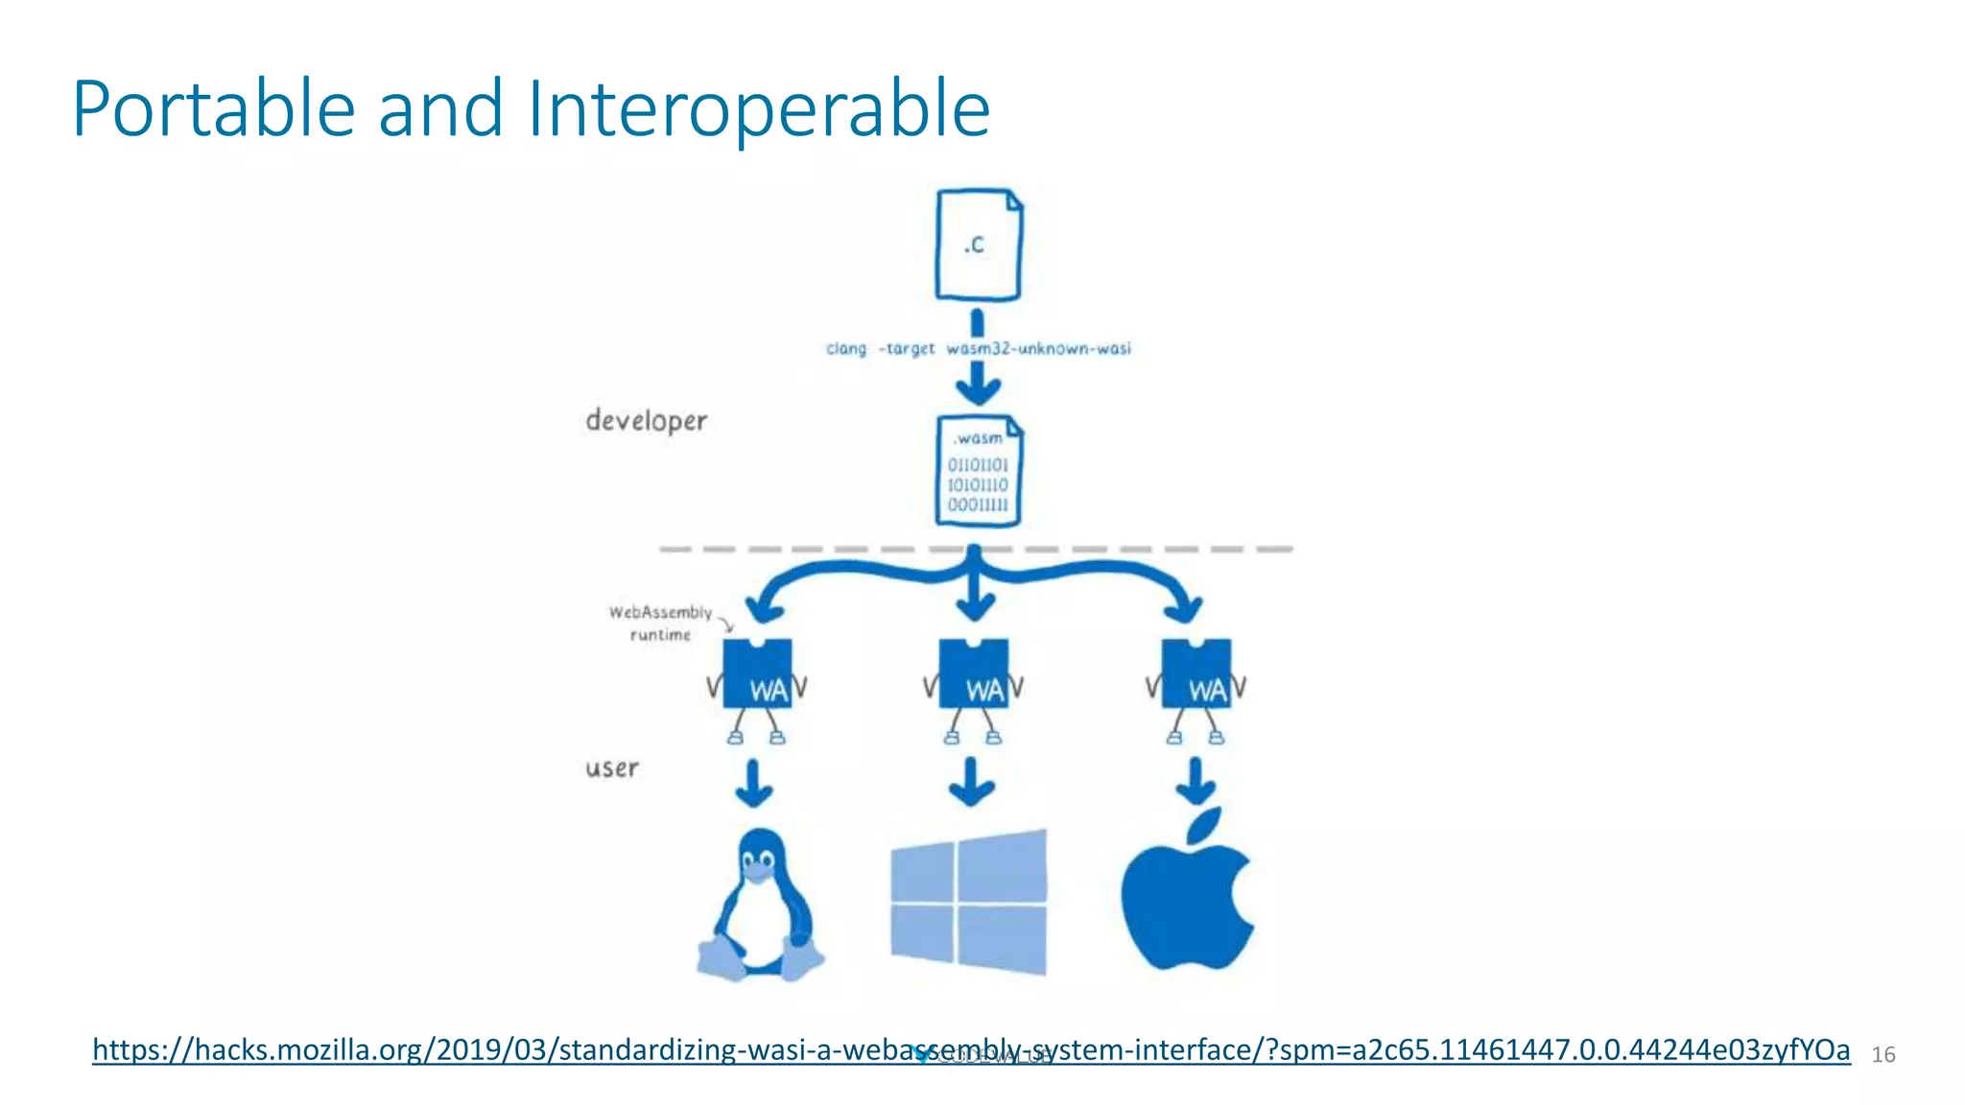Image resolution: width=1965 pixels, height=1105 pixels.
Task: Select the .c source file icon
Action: tap(978, 245)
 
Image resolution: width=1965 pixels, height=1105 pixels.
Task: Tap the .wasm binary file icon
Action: tap(978, 471)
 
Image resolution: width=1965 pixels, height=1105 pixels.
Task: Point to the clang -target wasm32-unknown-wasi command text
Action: tap(978, 348)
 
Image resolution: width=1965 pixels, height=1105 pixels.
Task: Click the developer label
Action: tap(646, 420)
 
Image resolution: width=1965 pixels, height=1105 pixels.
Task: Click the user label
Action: tap(611, 768)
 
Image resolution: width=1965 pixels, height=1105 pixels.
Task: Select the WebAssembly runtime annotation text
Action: tap(660, 623)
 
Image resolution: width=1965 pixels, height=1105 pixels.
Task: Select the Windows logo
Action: tap(969, 902)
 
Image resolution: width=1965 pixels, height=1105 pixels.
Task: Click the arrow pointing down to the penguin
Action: tap(753, 784)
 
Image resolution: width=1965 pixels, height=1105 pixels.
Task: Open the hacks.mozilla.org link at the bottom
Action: tap(970, 1049)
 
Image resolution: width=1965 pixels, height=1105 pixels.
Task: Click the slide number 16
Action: tap(1882, 1055)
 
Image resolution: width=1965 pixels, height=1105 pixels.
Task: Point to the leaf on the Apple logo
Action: tap(1206, 825)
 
